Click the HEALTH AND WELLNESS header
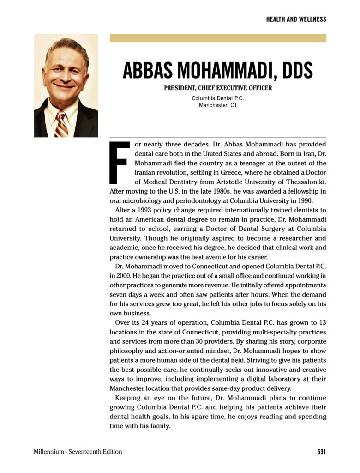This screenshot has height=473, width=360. coord(296,19)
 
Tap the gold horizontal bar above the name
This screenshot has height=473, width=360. coord(217,38)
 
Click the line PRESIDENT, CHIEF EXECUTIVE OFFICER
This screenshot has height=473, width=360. coord(218,88)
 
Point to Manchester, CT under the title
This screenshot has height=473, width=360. coord(218,105)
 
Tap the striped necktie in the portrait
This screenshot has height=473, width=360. coord(62,123)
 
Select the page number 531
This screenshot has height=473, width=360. coord(321,452)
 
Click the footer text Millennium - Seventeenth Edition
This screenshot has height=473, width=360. coord(78,452)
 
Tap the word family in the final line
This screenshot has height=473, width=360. coord(160,426)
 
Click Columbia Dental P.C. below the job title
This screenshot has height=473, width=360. coord(218,98)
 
